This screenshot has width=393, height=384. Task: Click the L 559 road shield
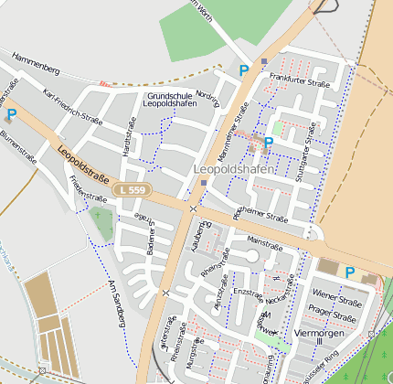[x=131, y=189]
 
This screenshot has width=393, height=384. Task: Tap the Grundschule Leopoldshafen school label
[x=170, y=100]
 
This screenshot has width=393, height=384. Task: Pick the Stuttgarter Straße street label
[x=313, y=148]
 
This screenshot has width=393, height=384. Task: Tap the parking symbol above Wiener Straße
[x=349, y=272]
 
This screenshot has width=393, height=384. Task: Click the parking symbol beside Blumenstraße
[x=10, y=114]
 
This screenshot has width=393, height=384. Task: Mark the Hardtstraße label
[x=130, y=143]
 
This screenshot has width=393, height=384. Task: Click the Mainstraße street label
[x=264, y=244]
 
